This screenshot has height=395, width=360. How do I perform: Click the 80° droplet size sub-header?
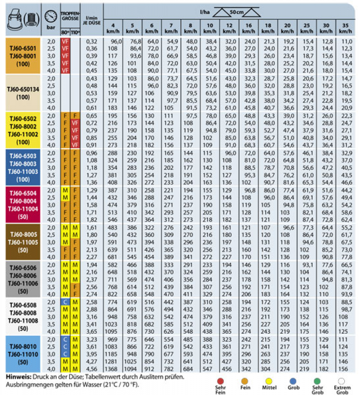point(65,32)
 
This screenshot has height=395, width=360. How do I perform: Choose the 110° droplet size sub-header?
point(75,32)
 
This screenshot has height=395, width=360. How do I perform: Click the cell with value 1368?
point(113,369)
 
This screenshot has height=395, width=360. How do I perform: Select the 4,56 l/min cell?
point(92,369)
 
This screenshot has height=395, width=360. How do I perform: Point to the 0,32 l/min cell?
point(92,43)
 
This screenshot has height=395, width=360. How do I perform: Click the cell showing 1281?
point(113,362)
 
